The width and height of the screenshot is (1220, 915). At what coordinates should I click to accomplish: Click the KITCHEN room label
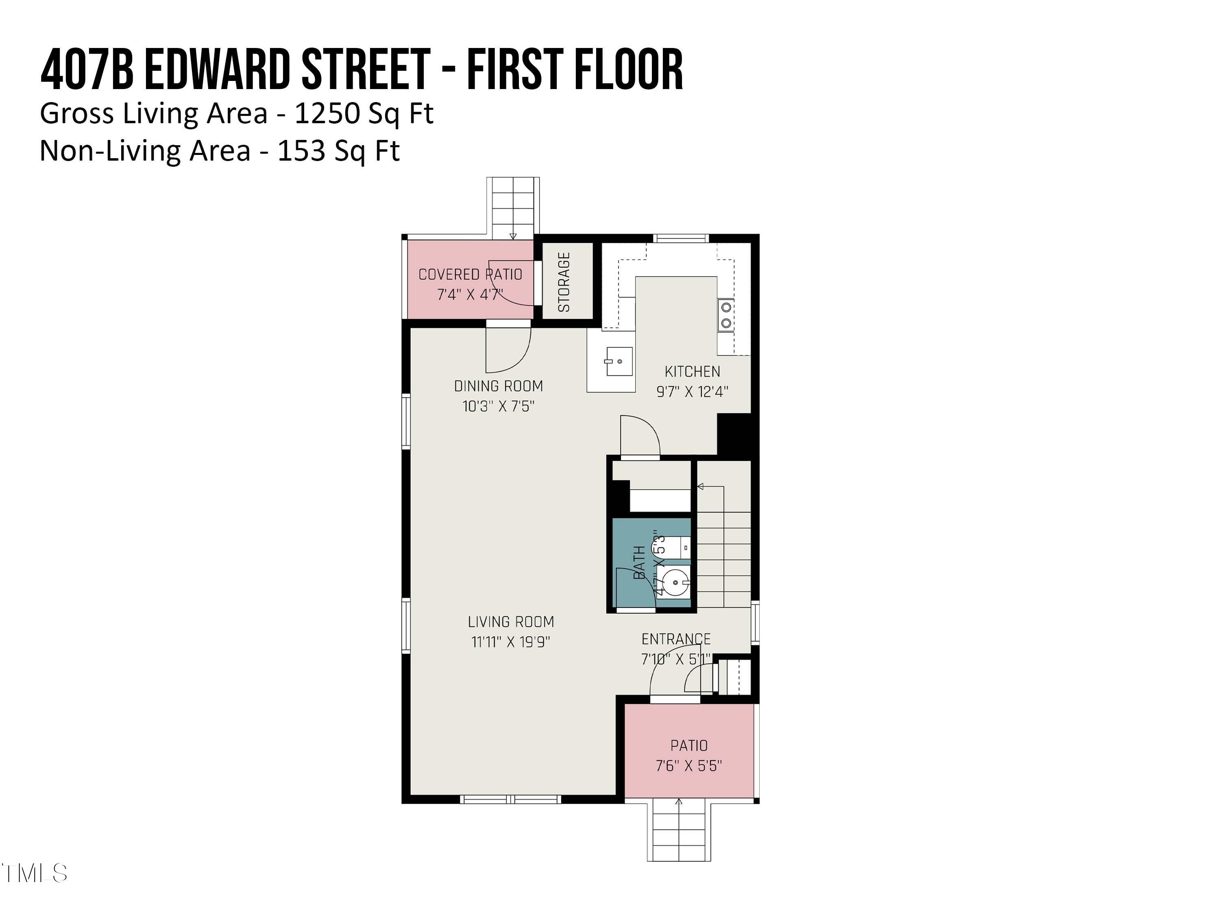coord(692,371)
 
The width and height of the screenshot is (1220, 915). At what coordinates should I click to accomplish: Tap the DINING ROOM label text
coord(498,386)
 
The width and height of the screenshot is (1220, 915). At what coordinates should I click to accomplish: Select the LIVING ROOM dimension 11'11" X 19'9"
coord(511,642)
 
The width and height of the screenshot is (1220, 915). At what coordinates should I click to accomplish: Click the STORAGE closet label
coord(564,282)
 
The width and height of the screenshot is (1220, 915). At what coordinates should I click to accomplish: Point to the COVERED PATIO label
coord(470,274)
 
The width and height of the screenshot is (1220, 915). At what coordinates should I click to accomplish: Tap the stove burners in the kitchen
coord(726,315)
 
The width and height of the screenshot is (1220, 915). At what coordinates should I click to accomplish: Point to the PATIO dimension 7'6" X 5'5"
coord(689,765)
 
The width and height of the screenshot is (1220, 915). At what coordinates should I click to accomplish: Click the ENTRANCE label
coord(675,639)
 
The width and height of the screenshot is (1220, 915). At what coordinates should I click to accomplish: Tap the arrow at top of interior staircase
coord(700,486)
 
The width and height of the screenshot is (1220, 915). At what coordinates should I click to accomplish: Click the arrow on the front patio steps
coord(678,802)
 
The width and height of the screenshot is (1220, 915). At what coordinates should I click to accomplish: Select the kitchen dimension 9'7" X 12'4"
coord(692,392)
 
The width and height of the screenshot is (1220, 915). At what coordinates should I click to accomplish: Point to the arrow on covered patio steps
coord(513,236)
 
